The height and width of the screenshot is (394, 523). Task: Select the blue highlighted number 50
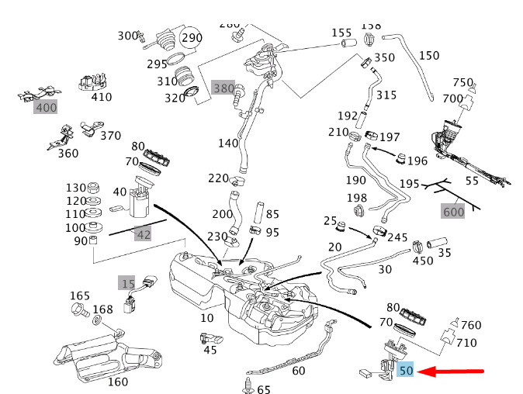(x=406, y=372)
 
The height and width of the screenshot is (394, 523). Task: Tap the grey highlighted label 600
(x=454, y=211)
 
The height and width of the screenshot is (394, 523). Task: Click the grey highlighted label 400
(x=46, y=107)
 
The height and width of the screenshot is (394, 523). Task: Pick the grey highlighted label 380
(x=223, y=88)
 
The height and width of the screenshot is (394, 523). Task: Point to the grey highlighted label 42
(x=143, y=233)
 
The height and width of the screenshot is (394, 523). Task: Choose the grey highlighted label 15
(x=128, y=284)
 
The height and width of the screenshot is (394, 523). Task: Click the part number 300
(x=126, y=35)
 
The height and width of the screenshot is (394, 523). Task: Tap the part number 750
(x=463, y=83)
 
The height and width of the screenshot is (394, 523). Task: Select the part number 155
(x=342, y=33)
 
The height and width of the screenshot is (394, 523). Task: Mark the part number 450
(x=423, y=261)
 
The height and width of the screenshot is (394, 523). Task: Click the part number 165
(x=80, y=295)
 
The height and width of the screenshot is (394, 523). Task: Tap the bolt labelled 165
(x=78, y=311)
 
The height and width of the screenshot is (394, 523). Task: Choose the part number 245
(x=397, y=237)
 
